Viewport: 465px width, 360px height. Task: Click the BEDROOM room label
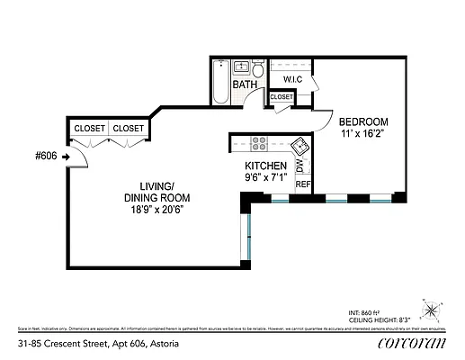click(x=362, y=121)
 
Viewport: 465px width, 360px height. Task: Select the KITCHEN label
click(x=266, y=166)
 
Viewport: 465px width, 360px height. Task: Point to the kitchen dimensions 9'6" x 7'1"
click(x=266, y=179)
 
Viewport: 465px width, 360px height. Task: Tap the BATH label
click(x=245, y=85)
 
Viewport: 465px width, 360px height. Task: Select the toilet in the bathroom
click(x=258, y=69)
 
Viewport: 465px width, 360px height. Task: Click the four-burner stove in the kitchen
click(x=258, y=141)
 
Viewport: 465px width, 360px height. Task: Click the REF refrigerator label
click(x=302, y=184)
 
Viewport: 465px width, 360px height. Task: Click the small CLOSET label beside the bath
click(x=281, y=97)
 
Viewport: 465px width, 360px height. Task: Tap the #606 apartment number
click(x=46, y=156)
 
